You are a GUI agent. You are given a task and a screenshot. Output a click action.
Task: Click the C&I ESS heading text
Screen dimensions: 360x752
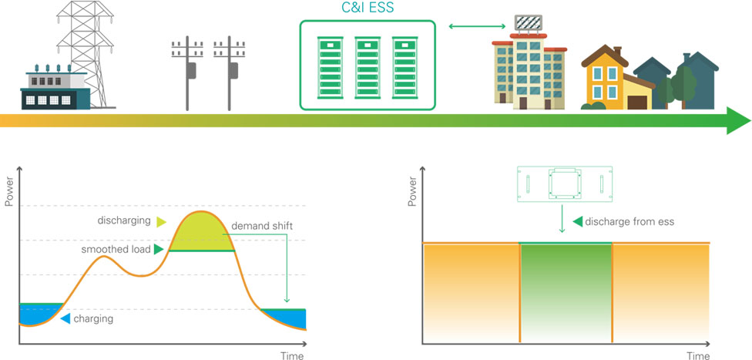367,9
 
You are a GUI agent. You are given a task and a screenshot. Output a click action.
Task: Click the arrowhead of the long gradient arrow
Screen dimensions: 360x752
738,121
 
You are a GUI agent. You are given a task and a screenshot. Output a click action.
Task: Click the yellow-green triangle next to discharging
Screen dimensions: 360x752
160,222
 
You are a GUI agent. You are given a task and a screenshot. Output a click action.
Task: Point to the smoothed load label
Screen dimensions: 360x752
115,250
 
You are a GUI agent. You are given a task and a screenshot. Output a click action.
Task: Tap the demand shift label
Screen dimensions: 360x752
260,227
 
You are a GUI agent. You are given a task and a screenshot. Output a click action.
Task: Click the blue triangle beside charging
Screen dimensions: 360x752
65,318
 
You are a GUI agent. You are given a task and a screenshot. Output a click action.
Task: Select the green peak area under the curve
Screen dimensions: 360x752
202,234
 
